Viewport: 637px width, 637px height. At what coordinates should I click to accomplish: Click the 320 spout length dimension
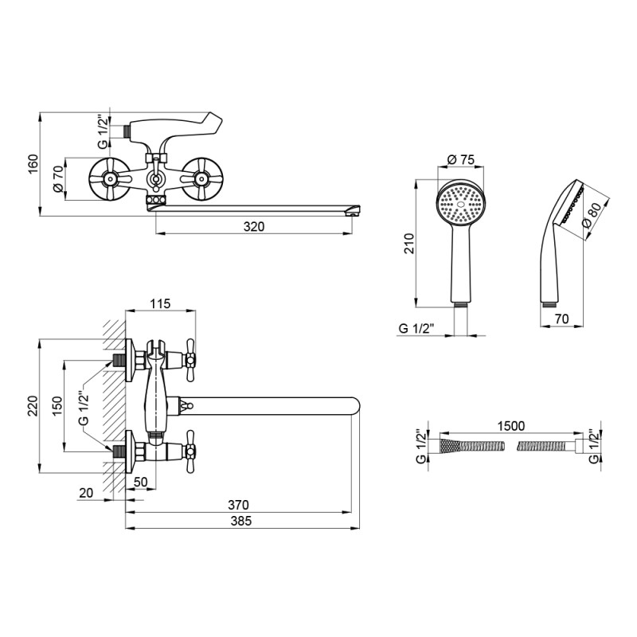tap(254, 226)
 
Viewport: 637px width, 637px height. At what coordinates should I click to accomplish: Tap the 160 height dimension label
tap(33, 164)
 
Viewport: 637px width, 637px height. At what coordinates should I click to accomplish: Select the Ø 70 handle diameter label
tap(58, 178)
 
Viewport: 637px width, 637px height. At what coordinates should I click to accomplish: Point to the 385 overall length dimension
tap(241, 521)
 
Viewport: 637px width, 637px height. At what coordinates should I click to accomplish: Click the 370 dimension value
tap(238, 505)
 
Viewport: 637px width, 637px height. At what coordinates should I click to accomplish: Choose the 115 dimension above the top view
tap(160, 303)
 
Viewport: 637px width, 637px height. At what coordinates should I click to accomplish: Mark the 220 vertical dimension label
tap(33, 406)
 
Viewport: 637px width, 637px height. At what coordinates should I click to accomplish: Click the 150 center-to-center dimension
tap(57, 406)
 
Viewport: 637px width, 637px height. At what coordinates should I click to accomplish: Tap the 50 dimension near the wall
tap(140, 482)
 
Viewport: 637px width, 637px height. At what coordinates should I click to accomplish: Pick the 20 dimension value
tap(86, 493)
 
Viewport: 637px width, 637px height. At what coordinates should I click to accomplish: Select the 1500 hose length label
tap(511, 426)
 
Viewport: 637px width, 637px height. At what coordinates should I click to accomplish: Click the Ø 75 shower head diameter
tap(461, 160)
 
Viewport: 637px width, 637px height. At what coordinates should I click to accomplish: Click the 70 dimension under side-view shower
tap(561, 319)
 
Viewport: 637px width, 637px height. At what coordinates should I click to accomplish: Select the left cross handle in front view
tap(108, 178)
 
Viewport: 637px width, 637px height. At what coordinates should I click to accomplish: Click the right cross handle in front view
tap(201, 178)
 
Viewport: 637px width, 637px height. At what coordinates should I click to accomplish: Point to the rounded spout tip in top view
tap(354, 405)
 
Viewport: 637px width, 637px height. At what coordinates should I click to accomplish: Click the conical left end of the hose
tap(450, 447)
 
